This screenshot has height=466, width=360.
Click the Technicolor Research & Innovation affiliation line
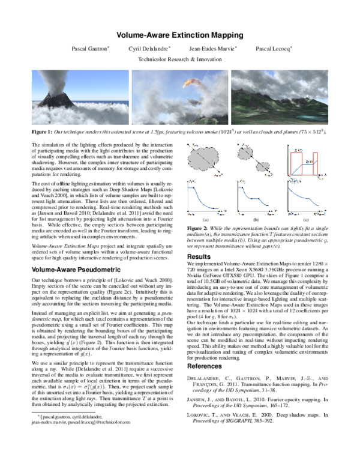[179, 60]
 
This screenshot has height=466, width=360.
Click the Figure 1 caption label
[42, 130]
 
